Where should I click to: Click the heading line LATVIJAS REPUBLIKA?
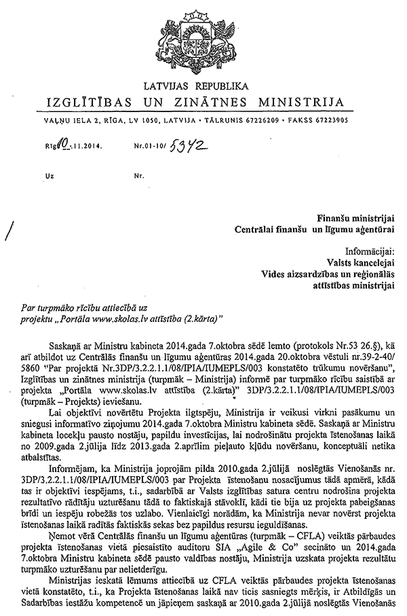pyautogui.click(x=203, y=86)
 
